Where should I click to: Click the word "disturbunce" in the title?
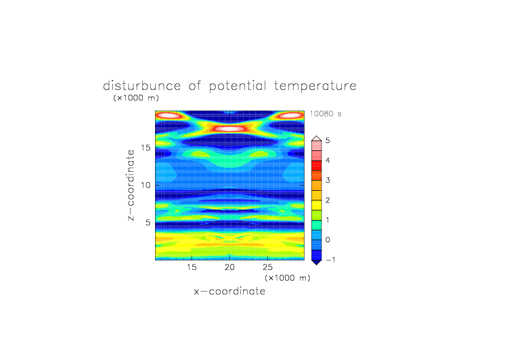[141, 86]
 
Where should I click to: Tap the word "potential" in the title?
[238, 87]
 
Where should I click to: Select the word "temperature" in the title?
[315, 87]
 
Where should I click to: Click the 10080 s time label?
[326, 114]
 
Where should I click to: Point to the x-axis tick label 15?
[192, 267]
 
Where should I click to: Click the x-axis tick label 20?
[229, 267]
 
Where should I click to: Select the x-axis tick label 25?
[267, 267]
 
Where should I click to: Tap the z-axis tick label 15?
[146, 148]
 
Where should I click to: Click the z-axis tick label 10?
[146, 185]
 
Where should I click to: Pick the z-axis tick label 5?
[148, 223]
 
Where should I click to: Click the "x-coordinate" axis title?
[229, 291]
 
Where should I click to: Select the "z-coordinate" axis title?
[131, 185]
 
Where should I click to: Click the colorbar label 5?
[328, 141]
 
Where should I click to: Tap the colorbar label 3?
[328, 180]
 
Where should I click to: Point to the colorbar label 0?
[328, 240]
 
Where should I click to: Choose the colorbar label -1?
[330, 260]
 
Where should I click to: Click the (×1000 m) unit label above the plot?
[136, 98]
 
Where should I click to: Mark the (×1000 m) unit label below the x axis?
[287, 278]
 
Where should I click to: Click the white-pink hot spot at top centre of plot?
[230, 129]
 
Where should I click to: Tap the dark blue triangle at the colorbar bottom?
[317, 263]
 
